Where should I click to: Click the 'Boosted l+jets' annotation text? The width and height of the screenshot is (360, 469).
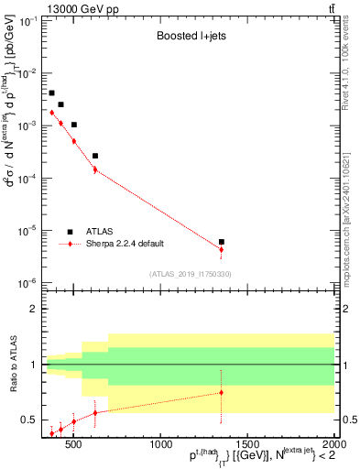(x=189, y=38)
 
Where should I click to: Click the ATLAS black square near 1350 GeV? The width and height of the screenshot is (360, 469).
(x=222, y=242)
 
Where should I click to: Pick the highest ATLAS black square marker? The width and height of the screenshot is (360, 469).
(x=52, y=93)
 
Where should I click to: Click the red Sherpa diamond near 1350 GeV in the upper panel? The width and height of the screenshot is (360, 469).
(x=222, y=249)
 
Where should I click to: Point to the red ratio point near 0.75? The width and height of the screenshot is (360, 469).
(x=222, y=392)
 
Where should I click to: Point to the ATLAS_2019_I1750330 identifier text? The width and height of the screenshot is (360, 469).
(x=190, y=273)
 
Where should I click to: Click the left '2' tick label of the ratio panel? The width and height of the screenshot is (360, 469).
(x=32, y=310)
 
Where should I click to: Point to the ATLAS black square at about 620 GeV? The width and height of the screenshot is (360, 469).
(x=95, y=156)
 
